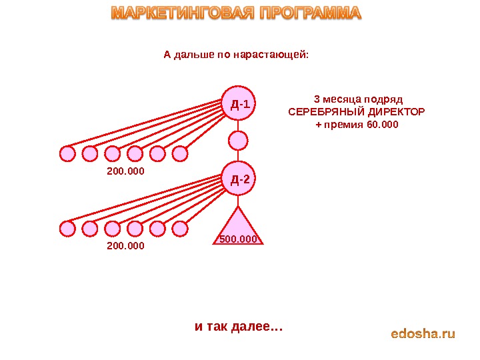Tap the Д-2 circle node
239,178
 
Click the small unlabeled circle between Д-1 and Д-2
238,141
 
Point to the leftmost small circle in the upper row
67,154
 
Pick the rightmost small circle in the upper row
180,154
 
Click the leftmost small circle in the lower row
67,229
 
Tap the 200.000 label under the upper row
125,171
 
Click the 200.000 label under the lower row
125,246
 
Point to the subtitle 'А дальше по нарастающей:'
237,55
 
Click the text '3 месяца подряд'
357,97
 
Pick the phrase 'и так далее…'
239,327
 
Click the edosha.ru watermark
423,333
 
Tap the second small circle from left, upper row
90,154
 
